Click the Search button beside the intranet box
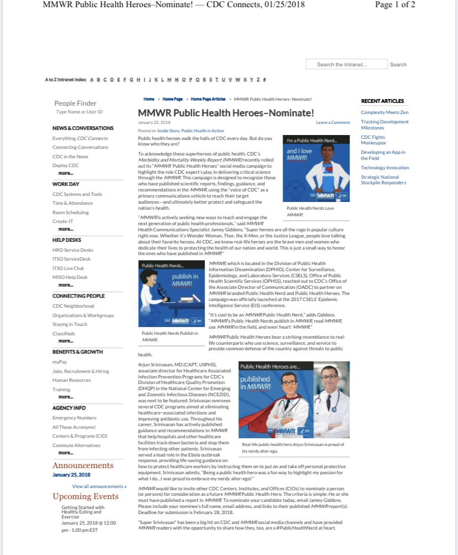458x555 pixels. (x=398, y=65)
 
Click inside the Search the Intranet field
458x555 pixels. (x=342, y=65)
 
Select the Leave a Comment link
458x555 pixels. (x=333, y=122)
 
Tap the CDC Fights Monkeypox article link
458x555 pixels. (x=373, y=140)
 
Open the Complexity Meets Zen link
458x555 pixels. (x=384, y=112)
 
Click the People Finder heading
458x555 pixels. (x=75, y=103)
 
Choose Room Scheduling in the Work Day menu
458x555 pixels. (x=70, y=212)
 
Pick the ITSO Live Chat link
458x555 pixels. (x=69, y=268)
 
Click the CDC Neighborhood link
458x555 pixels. (x=73, y=306)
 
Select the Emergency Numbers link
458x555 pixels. (x=74, y=418)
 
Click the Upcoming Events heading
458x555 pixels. (x=86, y=496)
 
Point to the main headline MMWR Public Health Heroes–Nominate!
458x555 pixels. (x=226, y=113)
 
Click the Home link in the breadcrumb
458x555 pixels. (x=149, y=99)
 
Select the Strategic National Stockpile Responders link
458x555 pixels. (x=383, y=180)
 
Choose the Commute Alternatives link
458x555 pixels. (x=76, y=445)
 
